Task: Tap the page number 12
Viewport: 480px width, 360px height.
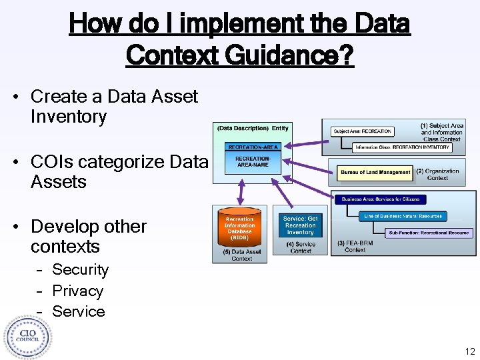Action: [x=469, y=351]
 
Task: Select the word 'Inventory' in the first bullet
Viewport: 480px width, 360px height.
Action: [x=69, y=117]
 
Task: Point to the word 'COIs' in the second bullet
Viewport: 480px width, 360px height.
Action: [x=55, y=162]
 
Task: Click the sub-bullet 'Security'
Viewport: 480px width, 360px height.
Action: [x=80, y=270]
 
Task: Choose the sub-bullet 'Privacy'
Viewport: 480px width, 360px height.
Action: [x=77, y=291]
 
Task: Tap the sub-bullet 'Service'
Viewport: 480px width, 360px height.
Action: [x=78, y=311]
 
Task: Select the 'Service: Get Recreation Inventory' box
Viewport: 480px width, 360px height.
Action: [x=300, y=226]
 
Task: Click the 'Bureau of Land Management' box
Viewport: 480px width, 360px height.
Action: [x=375, y=172]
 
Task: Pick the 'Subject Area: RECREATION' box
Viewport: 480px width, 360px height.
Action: [x=363, y=131]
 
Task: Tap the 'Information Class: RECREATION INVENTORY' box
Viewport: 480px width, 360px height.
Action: [x=402, y=147]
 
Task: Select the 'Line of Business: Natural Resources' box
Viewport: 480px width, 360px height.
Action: [x=403, y=216]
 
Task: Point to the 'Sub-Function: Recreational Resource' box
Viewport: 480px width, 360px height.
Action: [x=430, y=233]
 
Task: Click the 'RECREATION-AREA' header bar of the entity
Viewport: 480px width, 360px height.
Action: [x=253, y=147]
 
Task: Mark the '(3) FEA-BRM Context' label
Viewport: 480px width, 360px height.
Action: [x=355, y=246]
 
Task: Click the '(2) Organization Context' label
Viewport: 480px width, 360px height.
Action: [x=437, y=175]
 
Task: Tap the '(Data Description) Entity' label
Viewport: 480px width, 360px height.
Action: [x=252, y=128]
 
